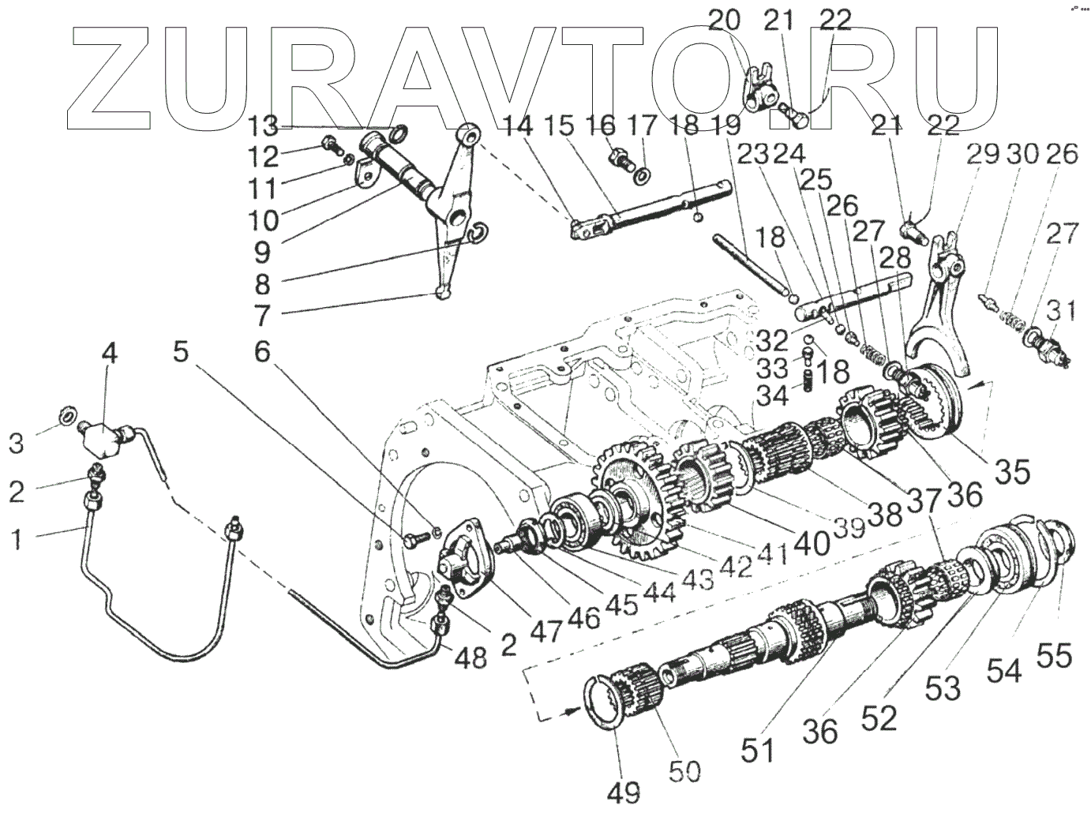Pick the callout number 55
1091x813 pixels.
pos(1054,654)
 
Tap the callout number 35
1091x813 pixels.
pos(1012,471)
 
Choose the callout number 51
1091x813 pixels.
pos(759,750)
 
